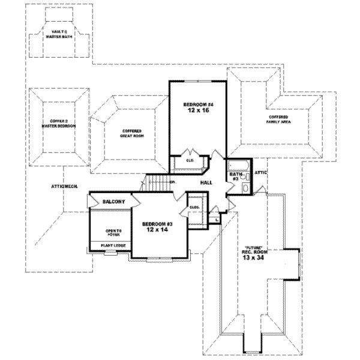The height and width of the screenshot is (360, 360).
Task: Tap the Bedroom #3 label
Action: (157, 223)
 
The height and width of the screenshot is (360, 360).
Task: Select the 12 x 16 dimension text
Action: (198, 112)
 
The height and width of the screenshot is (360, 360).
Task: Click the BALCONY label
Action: (113, 202)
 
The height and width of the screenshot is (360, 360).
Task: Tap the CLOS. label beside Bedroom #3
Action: (194, 207)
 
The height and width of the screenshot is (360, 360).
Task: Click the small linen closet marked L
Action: (216, 220)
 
